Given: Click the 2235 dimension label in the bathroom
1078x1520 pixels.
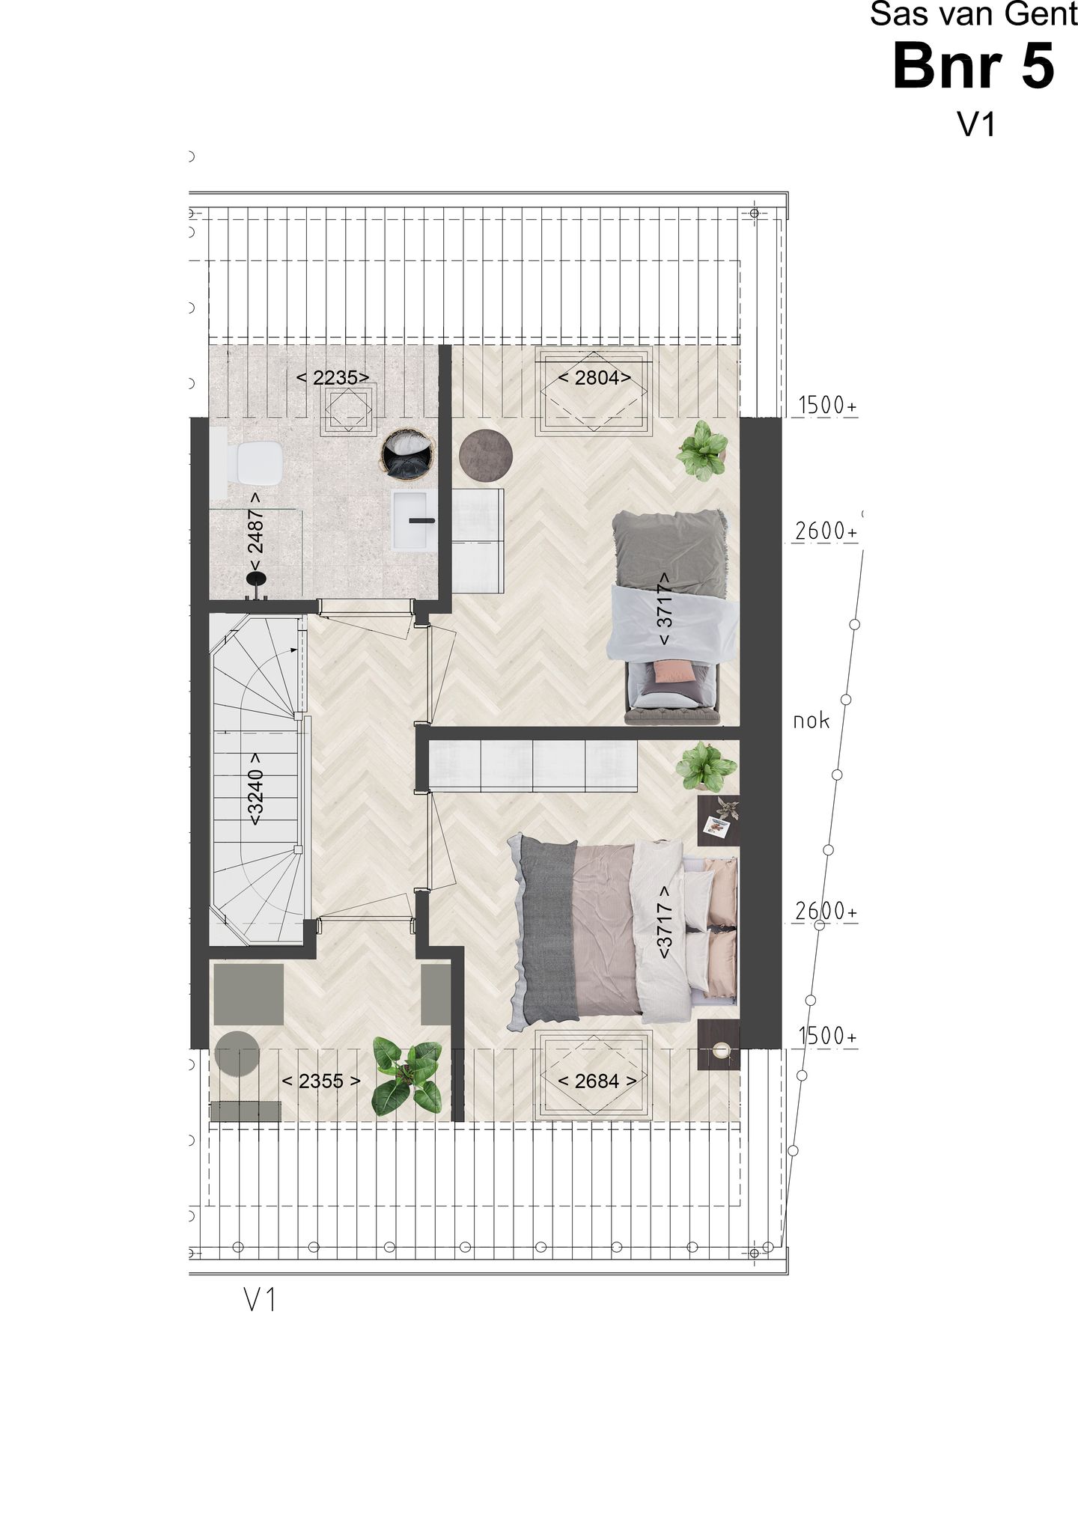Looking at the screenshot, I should (333, 377).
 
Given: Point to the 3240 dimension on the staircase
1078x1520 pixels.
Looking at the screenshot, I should (255, 796).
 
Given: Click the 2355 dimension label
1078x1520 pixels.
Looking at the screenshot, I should (321, 1081).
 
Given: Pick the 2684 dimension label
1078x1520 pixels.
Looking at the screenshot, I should (596, 1081).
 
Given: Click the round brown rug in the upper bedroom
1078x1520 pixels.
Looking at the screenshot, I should (485, 453).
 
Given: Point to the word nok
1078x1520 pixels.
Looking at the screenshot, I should (811, 721).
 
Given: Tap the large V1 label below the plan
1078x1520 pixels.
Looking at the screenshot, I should (261, 1301).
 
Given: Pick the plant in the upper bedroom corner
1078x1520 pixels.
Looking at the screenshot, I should (702, 449).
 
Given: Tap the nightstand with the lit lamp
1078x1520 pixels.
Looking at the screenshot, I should (719, 1044).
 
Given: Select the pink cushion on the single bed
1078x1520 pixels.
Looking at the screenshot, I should (674, 671).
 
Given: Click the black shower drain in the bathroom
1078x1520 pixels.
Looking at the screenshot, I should (255, 579).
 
